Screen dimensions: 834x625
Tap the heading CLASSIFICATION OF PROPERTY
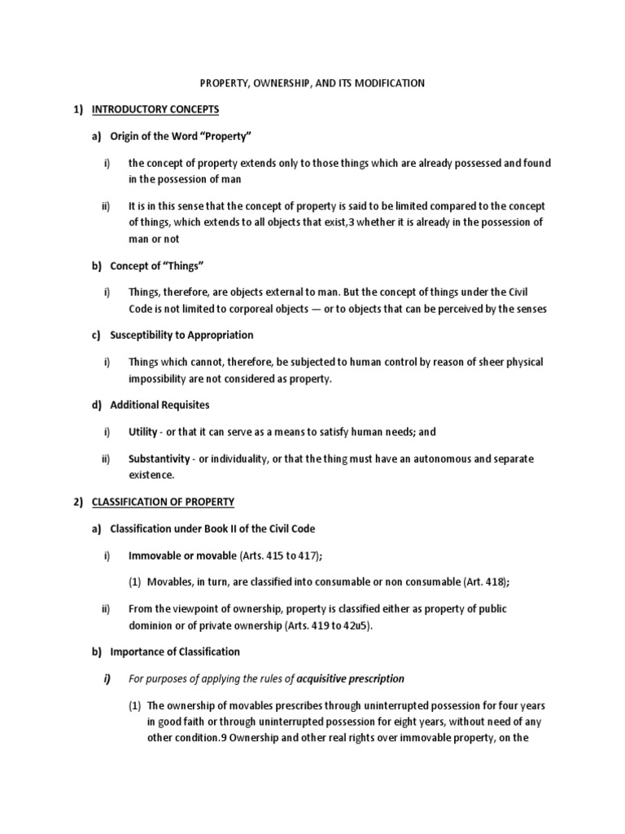coord(172,501)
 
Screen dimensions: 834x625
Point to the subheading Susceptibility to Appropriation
coord(181,335)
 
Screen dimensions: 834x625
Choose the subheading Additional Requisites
coord(160,404)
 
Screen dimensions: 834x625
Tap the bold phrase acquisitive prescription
coord(351,678)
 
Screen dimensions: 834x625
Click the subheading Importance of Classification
coord(175,651)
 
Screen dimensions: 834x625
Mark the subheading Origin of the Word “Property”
coord(173,135)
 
